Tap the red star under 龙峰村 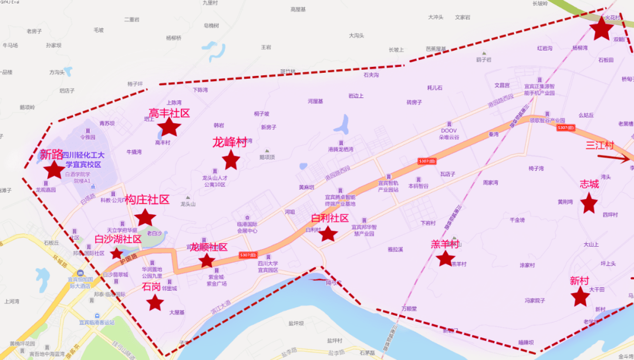[x=231, y=159]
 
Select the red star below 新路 [x=55, y=170]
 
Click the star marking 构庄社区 [x=144, y=217]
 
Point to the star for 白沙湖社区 [x=117, y=254]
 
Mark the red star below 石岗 [x=155, y=302]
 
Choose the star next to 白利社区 [x=328, y=234]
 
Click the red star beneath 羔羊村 [x=446, y=258]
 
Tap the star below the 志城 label [x=589, y=203]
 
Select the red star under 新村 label [x=580, y=297]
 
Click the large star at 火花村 [x=602, y=28]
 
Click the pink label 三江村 [x=599, y=145]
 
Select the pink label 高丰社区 [x=169, y=112]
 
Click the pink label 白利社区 [x=329, y=218]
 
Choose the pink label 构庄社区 [x=147, y=200]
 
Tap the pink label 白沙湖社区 [x=118, y=239]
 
